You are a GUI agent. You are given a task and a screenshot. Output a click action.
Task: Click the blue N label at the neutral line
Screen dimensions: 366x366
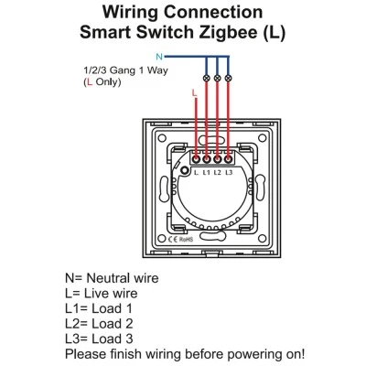159,57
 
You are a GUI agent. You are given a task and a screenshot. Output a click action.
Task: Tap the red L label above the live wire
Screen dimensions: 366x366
194,93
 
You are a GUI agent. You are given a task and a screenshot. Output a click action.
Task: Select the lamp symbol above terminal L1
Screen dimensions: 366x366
207,78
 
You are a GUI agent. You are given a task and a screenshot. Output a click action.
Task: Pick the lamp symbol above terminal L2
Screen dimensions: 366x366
217,78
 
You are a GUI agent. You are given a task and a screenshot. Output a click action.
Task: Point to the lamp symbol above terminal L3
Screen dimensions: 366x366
228,78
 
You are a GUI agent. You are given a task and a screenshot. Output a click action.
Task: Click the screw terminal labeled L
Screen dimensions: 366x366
196,159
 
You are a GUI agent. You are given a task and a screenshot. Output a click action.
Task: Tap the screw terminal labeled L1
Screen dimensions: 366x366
207,159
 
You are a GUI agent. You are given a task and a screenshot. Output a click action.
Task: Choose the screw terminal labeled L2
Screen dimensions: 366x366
217,159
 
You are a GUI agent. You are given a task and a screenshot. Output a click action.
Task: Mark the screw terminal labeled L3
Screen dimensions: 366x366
228,159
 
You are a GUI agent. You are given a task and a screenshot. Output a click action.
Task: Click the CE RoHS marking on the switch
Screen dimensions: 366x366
180,240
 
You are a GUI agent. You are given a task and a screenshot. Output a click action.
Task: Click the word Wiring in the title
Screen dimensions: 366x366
131,13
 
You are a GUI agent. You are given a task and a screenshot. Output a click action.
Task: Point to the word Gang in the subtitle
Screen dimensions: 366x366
123,70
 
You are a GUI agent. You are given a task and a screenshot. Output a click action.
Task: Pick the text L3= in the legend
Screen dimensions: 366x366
77,339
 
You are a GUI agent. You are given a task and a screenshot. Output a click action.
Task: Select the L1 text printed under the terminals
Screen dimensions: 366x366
207,173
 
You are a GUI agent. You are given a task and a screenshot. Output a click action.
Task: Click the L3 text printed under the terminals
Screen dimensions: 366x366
229,173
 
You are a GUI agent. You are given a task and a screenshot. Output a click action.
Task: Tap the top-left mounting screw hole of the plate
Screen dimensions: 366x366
162,138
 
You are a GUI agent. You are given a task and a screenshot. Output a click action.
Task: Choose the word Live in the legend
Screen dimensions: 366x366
96,294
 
